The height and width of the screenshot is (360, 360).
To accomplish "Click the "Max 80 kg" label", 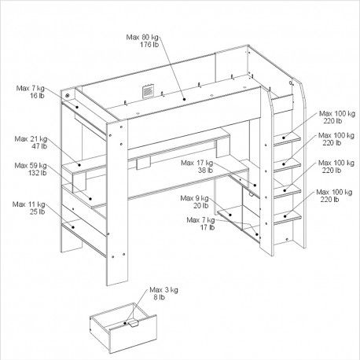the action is [x=142, y=37].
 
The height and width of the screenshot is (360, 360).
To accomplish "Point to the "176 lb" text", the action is [x=149, y=45].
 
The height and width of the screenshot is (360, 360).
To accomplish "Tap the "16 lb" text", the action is [x=37, y=96].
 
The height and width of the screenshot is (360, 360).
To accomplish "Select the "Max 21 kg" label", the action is [x=31, y=139].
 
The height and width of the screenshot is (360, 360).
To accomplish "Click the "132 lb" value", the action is [x=37, y=173].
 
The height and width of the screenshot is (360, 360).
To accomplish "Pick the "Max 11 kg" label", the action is [x=28, y=204].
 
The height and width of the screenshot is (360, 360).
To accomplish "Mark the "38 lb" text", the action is [x=205, y=171].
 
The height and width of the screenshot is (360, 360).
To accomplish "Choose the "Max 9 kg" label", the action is [x=194, y=198].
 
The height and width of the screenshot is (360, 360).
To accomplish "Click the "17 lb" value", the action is [x=208, y=227].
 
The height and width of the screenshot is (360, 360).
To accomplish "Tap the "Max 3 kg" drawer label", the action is [x=163, y=290].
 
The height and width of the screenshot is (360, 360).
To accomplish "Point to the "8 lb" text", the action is [x=159, y=297].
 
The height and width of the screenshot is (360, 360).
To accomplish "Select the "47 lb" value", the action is [x=39, y=146].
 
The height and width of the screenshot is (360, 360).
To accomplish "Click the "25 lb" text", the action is [x=37, y=211].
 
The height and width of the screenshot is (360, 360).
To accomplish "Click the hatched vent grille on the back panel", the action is [x=148, y=91].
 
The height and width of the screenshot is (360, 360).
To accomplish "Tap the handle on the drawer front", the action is [x=133, y=324].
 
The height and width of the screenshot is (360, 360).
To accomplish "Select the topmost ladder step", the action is [x=287, y=138].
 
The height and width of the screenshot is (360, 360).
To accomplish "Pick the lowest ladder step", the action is [x=287, y=217].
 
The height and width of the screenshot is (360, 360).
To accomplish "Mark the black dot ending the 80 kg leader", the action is [x=185, y=99].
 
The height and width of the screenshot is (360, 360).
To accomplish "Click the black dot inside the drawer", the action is [x=126, y=323].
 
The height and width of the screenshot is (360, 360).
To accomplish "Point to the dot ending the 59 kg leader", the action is [x=90, y=199].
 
